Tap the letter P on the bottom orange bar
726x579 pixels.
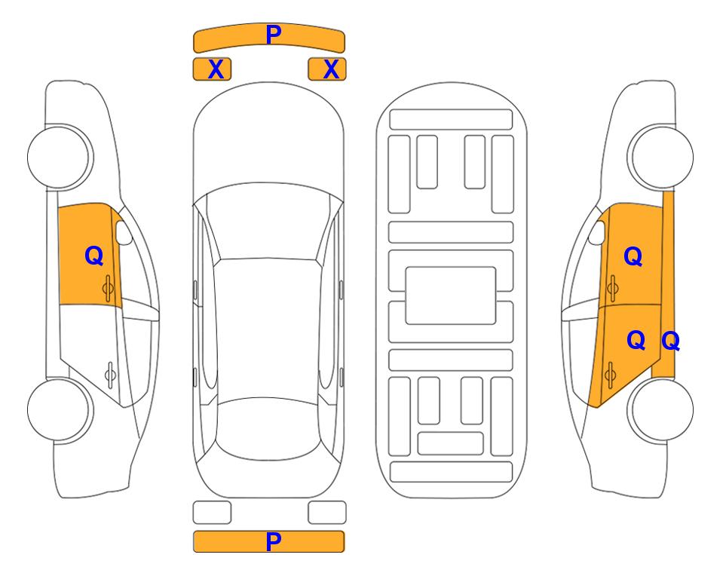[273, 541]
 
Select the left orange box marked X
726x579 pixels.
[212, 69]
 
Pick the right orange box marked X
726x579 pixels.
[327, 69]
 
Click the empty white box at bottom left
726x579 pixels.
[212, 513]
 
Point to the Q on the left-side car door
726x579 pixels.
[94, 256]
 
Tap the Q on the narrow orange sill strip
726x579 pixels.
[670, 341]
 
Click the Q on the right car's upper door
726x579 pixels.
[633, 256]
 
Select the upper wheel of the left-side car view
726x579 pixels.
[60, 157]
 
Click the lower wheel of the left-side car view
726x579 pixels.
[60, 409]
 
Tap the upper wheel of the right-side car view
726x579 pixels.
[660, 157]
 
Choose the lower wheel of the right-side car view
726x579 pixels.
[660, 409]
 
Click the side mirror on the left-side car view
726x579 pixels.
[123, 232]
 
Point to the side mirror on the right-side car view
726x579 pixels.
[597, 232]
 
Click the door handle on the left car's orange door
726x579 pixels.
[108, 288]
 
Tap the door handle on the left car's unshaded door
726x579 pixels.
[110, 375]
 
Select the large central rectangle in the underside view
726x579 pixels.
[451, 296]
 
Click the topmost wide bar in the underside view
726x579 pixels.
[451, 120]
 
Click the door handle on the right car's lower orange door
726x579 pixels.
[610, 375]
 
